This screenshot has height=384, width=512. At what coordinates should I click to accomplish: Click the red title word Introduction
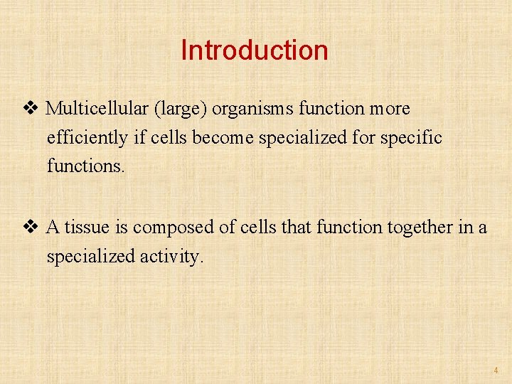255,50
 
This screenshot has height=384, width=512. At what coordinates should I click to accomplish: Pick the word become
220,137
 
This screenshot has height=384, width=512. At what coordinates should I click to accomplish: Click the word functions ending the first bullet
85,166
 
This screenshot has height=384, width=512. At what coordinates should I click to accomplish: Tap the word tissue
89,228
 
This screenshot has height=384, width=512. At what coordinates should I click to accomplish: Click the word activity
169,256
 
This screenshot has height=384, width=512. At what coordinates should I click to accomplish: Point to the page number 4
496,370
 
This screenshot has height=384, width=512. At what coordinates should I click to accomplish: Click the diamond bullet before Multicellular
30,109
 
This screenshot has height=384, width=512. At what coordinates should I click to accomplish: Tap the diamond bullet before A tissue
30,228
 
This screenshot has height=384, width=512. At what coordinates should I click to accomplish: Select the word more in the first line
390,109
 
